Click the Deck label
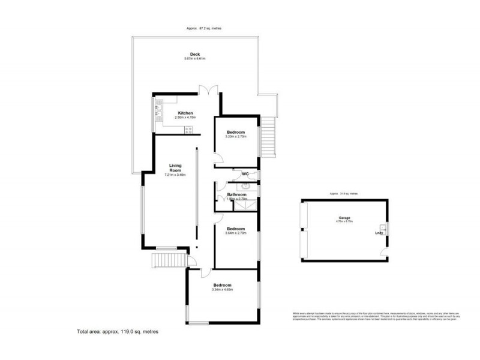[x=196, y=54]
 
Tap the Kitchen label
[x=185, y=113]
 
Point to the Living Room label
[x=175, y=167]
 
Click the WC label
[x=245, y=175]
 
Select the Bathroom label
[x=236, y=194]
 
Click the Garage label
[x=344, y=218]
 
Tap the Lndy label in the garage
[x=379, y=233]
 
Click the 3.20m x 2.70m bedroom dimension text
[x=236, y=136]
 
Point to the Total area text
[x=118, y=331]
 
